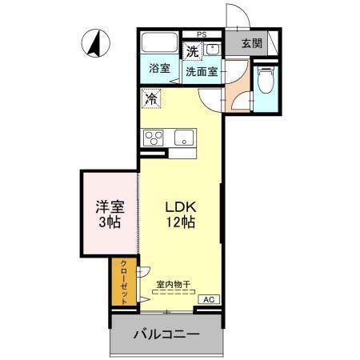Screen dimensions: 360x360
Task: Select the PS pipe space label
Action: click(202, 34)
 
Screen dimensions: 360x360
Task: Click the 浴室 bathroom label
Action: click(159, 68)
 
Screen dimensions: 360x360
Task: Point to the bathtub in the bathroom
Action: click(160, 45)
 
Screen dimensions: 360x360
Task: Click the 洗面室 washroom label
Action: click(202, 70)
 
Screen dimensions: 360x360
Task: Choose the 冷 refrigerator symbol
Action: click(150, 99)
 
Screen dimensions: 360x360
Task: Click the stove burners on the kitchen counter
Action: click(154, 136)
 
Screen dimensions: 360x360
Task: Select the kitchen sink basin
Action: click(184, 136)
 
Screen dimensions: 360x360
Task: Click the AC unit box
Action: click(207, 299)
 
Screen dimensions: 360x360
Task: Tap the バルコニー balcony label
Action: click(166, 334)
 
